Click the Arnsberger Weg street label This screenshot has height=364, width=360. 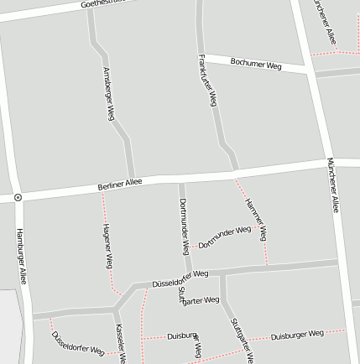(108, 93)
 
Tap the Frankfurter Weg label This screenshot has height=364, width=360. (207, 81)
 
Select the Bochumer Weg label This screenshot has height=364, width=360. (256, 64)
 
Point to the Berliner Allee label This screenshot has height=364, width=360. (120, 184)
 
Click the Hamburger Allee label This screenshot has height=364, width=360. (21, 255)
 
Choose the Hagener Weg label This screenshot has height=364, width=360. (107, 246)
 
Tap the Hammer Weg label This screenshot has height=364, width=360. (256, 219)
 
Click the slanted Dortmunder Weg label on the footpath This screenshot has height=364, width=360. (225, 237)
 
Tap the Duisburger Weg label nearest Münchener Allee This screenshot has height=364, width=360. (296, 335)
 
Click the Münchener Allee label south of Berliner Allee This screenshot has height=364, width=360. (333, 185)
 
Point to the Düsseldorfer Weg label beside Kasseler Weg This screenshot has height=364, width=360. (77, 342)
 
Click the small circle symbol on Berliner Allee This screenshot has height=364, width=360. (18, 198)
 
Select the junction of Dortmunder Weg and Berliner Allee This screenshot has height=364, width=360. (180, 178)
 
